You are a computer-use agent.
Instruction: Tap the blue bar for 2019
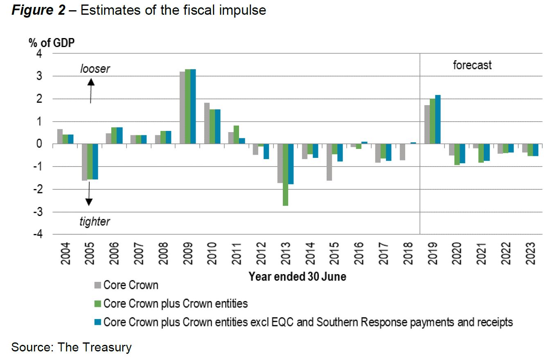pos(438,119)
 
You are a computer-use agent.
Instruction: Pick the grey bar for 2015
pos(329,162)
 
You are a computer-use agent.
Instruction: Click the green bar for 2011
pos(236,135)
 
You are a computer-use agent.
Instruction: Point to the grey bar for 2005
pos(84,162)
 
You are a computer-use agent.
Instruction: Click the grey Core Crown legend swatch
pos(98,285)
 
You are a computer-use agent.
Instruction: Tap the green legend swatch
pos(98,304)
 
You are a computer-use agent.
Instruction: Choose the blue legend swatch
pos(98,322)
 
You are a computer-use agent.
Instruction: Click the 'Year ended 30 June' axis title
pos(298,277)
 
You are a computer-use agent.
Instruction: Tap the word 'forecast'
pos(472,65)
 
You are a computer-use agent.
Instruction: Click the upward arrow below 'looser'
pos(91,90)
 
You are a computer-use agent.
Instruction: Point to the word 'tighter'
pos(95,222)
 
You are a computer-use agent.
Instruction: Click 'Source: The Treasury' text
pos(72,347)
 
